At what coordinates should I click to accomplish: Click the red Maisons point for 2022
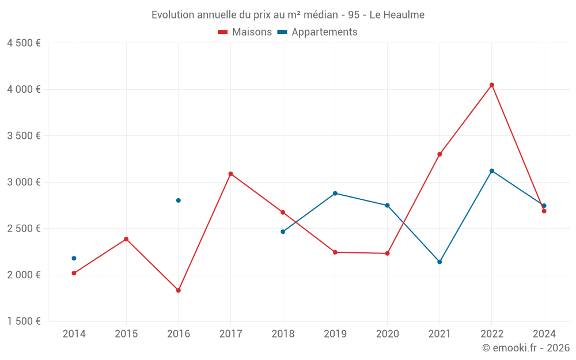492,85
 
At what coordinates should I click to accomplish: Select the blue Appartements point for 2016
179,200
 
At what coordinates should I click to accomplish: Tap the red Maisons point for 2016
179,290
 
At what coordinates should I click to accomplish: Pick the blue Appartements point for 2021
439,262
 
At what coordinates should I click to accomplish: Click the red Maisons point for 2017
230,174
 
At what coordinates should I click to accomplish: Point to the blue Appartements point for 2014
74,259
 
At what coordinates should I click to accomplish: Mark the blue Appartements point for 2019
335,194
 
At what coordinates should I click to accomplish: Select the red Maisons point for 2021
439,154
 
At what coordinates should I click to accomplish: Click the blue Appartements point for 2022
492,171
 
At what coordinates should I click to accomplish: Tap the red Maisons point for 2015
126,239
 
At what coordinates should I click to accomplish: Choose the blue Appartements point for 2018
283,232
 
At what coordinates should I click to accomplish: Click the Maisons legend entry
245,32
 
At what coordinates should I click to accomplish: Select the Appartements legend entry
317,32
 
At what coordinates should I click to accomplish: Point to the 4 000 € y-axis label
24,89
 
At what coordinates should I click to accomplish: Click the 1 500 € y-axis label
24,321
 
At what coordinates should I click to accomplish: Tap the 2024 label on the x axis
544,334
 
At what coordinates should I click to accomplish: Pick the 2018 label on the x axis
283,334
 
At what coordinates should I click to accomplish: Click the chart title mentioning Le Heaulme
288,15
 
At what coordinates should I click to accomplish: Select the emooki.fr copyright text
526,348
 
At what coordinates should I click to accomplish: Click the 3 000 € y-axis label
24,182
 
